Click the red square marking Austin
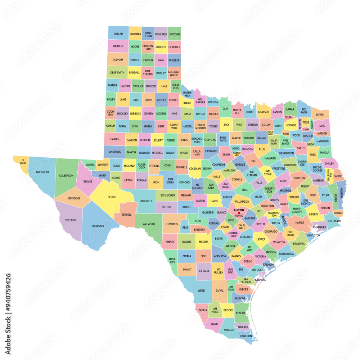239,213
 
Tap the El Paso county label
23,161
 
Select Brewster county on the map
98,226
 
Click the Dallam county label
118,34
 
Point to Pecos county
111,197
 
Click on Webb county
201,290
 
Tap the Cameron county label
246,336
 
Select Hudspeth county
42,172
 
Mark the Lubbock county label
135,113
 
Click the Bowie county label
319,115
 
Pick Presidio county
71,220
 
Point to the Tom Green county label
170,181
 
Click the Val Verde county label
149,224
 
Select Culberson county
66,176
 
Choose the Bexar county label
219,238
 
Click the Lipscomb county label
174,34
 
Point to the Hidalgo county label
229,330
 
